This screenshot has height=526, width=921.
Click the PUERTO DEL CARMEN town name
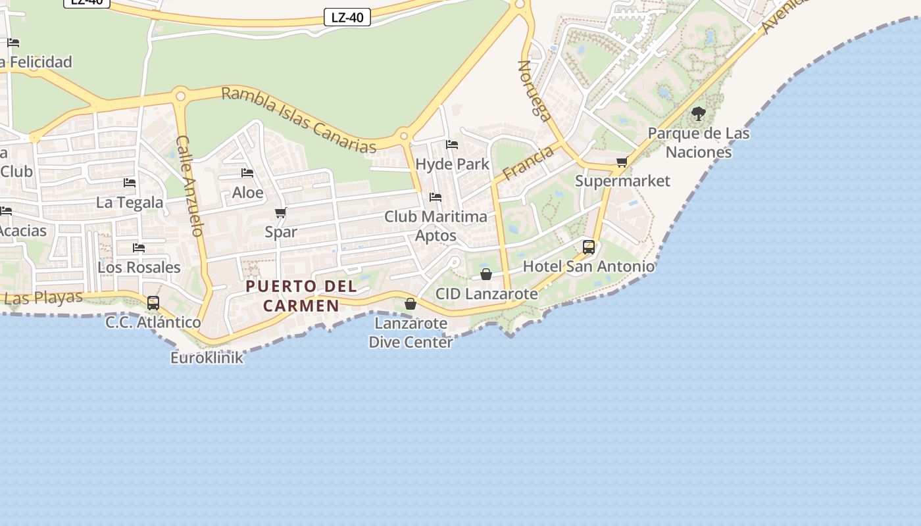click(301, 296)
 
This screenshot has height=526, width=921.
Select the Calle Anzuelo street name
click(190, 185)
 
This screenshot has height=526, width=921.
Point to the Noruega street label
click(534, 91)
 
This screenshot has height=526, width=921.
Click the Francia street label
click(528, 163)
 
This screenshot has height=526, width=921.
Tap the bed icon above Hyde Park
click(452, 144)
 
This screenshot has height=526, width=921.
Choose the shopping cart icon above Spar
click(281, 212)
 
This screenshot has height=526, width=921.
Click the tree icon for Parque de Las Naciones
click(699, 114)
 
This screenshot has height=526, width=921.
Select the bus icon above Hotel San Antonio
click(589, 247)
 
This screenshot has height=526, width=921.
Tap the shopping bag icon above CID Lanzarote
click(486, 274)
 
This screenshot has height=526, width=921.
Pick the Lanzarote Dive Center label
click(411, 333)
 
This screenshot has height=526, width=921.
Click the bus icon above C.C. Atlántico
click(153, 303)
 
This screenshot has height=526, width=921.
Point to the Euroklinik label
click(207, 358)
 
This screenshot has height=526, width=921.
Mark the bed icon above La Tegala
click(130, 182)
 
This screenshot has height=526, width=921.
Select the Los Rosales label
click(139, 267)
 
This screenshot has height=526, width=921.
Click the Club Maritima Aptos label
click(436, 226)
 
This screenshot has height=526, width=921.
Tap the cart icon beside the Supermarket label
click(622, 162)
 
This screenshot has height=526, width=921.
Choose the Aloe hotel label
click(247, 193)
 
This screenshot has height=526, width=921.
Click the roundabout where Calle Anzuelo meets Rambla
click(180, 97)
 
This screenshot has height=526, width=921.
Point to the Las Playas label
click(43, 298)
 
